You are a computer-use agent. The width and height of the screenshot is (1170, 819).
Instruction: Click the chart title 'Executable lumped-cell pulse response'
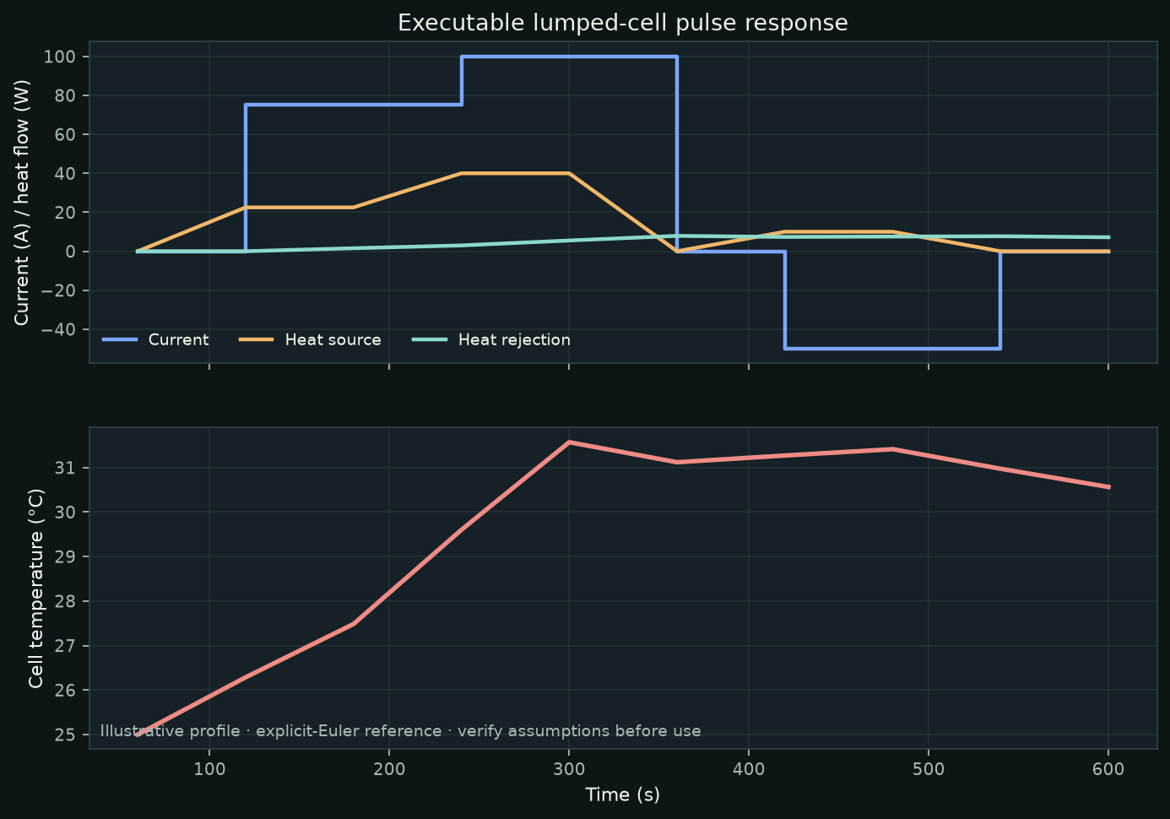coord(623,23)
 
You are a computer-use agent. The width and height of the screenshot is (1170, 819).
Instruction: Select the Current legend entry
coord(155,340)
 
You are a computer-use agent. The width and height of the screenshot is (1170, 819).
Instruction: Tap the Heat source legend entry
coord(310,340)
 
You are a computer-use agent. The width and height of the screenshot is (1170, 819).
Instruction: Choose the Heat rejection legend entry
coord(491,340)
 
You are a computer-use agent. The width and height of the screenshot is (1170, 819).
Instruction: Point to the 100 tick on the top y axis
coord(59,57)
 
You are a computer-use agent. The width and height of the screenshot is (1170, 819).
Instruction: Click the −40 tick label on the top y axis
coord(58,329)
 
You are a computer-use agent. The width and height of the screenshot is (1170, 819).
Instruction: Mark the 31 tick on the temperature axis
coord(65,468)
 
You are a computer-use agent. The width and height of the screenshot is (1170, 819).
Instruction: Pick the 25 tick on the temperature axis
coord(65,735)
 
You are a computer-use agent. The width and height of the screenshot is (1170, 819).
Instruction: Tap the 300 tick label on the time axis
coord(569,769)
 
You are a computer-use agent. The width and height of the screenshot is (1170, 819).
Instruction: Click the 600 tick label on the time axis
coord(1108,769)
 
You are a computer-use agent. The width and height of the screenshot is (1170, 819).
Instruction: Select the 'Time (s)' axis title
coord(623,795)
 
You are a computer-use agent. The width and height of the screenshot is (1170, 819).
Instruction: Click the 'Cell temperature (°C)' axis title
coord(35,588)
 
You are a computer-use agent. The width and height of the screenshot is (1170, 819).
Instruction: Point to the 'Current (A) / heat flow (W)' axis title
coord(21,202)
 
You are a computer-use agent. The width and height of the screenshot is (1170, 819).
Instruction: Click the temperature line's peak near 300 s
coord(569,442)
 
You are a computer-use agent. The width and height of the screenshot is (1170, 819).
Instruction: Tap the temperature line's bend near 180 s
coord(354,624)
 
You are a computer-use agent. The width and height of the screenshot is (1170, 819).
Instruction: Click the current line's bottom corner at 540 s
coord(1000,349)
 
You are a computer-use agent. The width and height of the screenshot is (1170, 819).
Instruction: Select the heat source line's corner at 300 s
coord(569,173)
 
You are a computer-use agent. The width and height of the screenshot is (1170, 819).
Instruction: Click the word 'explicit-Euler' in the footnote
coord(349,731)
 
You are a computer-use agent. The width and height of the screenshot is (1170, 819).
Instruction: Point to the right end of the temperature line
coord(1108,487)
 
